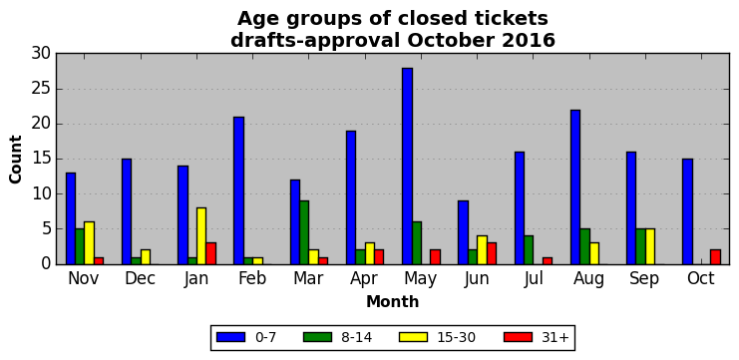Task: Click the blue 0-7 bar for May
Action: coord(408,167)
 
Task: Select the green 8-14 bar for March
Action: coord(304,232)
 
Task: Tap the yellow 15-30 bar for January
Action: coord(201,236)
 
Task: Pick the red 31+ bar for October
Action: coord(715,257)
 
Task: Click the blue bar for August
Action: coord(575,187)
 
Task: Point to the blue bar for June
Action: coord(464,232)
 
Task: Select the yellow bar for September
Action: coord(650,247)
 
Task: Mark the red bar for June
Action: coord(492,254)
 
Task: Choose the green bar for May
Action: coord(417,243)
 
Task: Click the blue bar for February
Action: coord(239,190)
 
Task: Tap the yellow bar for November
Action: coord(89,243)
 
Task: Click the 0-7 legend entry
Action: coord(246,337)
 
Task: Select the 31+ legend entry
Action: coord(537,337)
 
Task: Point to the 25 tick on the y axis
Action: coord(41,89)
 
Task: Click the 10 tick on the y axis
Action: coord(41,194)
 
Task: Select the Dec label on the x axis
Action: coord(140,278)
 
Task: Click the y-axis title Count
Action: coord(16,160)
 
